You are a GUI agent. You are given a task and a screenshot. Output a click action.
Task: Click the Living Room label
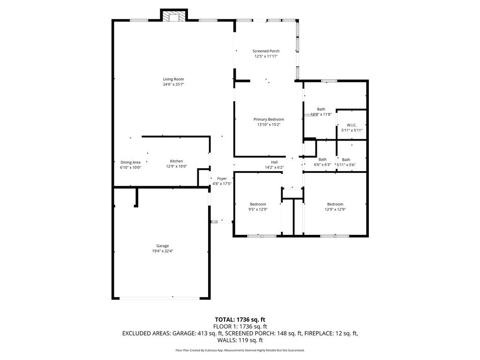point(173,79)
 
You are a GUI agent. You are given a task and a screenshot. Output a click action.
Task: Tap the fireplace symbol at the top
point(174,16)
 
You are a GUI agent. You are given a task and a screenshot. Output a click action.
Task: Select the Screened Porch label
point(266,51)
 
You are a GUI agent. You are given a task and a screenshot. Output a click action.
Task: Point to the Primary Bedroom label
point(269,120)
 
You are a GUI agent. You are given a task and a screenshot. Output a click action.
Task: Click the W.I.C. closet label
point(352,125)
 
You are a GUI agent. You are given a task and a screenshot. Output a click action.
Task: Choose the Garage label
point(163,246)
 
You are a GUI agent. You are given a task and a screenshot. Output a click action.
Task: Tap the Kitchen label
point(176,161)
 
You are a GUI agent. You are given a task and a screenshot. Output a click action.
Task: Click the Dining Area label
point(130,162)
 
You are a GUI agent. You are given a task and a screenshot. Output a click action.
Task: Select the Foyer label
point(222,179)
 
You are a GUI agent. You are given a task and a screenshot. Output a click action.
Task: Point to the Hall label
point(274,162)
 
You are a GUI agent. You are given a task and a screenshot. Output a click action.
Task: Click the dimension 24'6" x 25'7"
point(173,84)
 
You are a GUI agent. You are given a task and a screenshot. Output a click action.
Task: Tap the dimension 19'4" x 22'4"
point(163,251)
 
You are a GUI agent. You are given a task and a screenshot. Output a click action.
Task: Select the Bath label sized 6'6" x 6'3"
point(322,159)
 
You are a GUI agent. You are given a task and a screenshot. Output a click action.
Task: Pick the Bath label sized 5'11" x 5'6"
point(346,159)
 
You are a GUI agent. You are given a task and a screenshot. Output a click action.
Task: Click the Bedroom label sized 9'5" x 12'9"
point(258,204)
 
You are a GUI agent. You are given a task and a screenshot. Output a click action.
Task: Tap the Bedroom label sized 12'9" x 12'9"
point(335,204)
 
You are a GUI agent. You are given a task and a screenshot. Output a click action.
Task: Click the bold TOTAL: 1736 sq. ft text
point(240,320)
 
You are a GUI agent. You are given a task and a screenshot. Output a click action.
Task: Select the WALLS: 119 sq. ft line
point(240,340)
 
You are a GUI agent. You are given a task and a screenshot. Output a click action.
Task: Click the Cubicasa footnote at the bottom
point(240,350)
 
